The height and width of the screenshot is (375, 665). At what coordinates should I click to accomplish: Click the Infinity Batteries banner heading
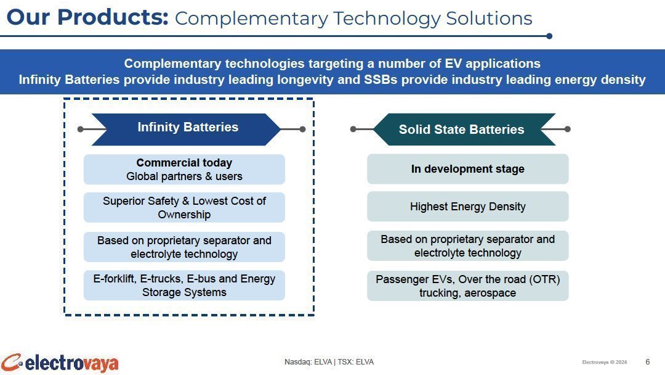(186, 129)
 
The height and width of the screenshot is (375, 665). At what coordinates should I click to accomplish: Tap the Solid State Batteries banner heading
(464, 129)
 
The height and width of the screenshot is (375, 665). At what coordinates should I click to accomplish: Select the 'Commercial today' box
(184, 170)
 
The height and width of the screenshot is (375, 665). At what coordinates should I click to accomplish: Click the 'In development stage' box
(467, 169)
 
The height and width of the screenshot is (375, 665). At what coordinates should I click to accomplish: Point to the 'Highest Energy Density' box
(467, 207)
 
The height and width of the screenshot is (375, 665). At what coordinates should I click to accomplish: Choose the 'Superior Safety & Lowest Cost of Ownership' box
(184, 208)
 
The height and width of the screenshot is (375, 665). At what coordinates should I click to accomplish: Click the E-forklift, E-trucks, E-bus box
(184, 286)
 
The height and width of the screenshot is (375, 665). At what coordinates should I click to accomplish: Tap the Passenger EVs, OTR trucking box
(467, 286)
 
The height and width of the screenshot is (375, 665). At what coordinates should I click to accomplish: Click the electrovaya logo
(59, 363)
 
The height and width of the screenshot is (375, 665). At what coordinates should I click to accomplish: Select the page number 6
(648, 362)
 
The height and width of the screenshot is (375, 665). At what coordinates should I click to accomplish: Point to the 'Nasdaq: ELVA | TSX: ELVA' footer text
(329, 362)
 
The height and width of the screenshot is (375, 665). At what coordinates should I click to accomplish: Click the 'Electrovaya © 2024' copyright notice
(605, 362)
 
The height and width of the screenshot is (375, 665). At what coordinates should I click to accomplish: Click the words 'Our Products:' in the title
(87, 18)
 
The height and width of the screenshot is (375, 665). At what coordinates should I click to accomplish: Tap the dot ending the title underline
(549, 36)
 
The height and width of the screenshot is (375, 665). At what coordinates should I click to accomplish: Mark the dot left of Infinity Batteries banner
(81, 129)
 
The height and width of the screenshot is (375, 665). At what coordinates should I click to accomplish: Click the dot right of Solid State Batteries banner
(568, 129)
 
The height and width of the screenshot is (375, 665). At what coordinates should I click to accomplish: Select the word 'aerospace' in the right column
(490, 293)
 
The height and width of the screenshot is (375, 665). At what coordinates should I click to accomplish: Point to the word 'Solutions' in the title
(489, 19)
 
